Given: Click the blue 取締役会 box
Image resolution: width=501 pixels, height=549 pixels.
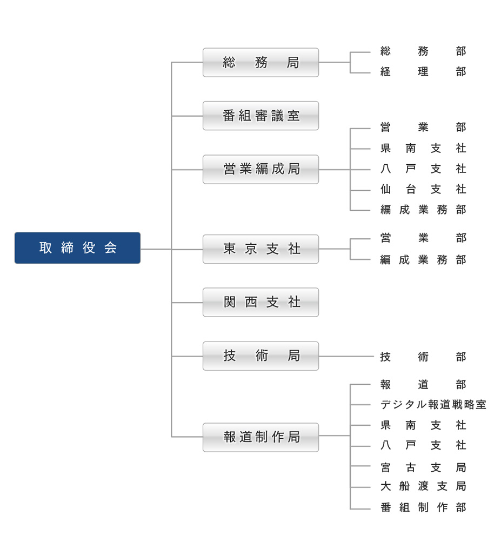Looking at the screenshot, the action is (x=77, y=248).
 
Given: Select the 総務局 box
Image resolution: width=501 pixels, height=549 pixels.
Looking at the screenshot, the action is (x=260, y=62).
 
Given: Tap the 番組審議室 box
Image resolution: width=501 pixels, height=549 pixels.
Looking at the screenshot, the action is (x=260, y=116).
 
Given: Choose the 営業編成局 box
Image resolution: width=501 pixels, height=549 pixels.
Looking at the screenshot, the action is (x=260, y=169).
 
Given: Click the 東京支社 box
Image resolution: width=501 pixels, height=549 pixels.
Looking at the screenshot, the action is (x=260, y=249).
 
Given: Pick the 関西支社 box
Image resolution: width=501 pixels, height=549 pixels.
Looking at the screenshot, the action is (x=260, y=302).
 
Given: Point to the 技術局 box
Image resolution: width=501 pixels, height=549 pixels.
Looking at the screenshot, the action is (x=260, y=356).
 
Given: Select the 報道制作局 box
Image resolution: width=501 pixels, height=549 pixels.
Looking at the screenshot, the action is (x=260, y=437).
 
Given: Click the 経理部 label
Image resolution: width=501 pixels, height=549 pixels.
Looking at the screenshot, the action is (x=423, y=72).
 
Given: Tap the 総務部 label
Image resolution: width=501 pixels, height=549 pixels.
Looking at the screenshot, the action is (x=423, y=51).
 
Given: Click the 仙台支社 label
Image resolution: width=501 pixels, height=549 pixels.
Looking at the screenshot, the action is (x=423, y=190).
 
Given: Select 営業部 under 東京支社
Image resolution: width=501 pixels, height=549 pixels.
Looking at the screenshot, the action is (x=423, y=238).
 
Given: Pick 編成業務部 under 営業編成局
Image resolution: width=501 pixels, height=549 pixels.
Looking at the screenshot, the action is (x=423, y=210).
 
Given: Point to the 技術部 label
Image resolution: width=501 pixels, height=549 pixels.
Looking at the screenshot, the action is (x=423, y=357).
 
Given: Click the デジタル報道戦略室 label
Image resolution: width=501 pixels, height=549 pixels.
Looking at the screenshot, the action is (x=433, y=405).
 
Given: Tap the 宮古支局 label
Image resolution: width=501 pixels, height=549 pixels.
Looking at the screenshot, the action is (x=423, y=467).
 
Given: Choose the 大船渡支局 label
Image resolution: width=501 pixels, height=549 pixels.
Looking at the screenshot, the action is (x=423, y=486).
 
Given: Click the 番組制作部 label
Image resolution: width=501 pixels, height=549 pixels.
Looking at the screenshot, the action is (x=423, y=507).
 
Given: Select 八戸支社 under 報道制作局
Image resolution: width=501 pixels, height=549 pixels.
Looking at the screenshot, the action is (x=423, y=445).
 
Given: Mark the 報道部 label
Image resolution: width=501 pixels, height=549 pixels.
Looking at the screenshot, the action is (x=423, y=385).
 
